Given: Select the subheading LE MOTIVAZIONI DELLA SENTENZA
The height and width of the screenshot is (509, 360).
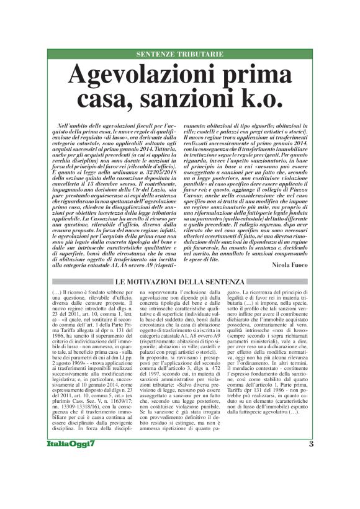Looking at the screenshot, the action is [x=179, y=282].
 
